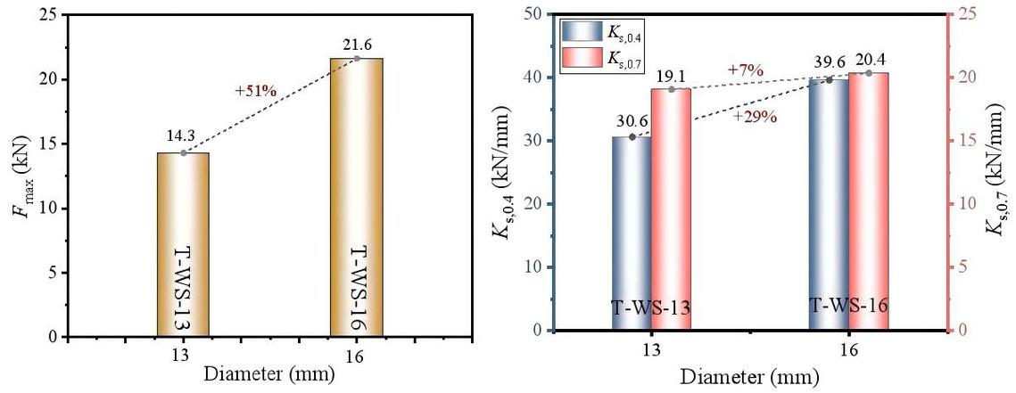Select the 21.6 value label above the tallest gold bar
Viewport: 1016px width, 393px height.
(x=357, y=45)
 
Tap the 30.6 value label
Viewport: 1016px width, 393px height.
(x=632, y=123)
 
